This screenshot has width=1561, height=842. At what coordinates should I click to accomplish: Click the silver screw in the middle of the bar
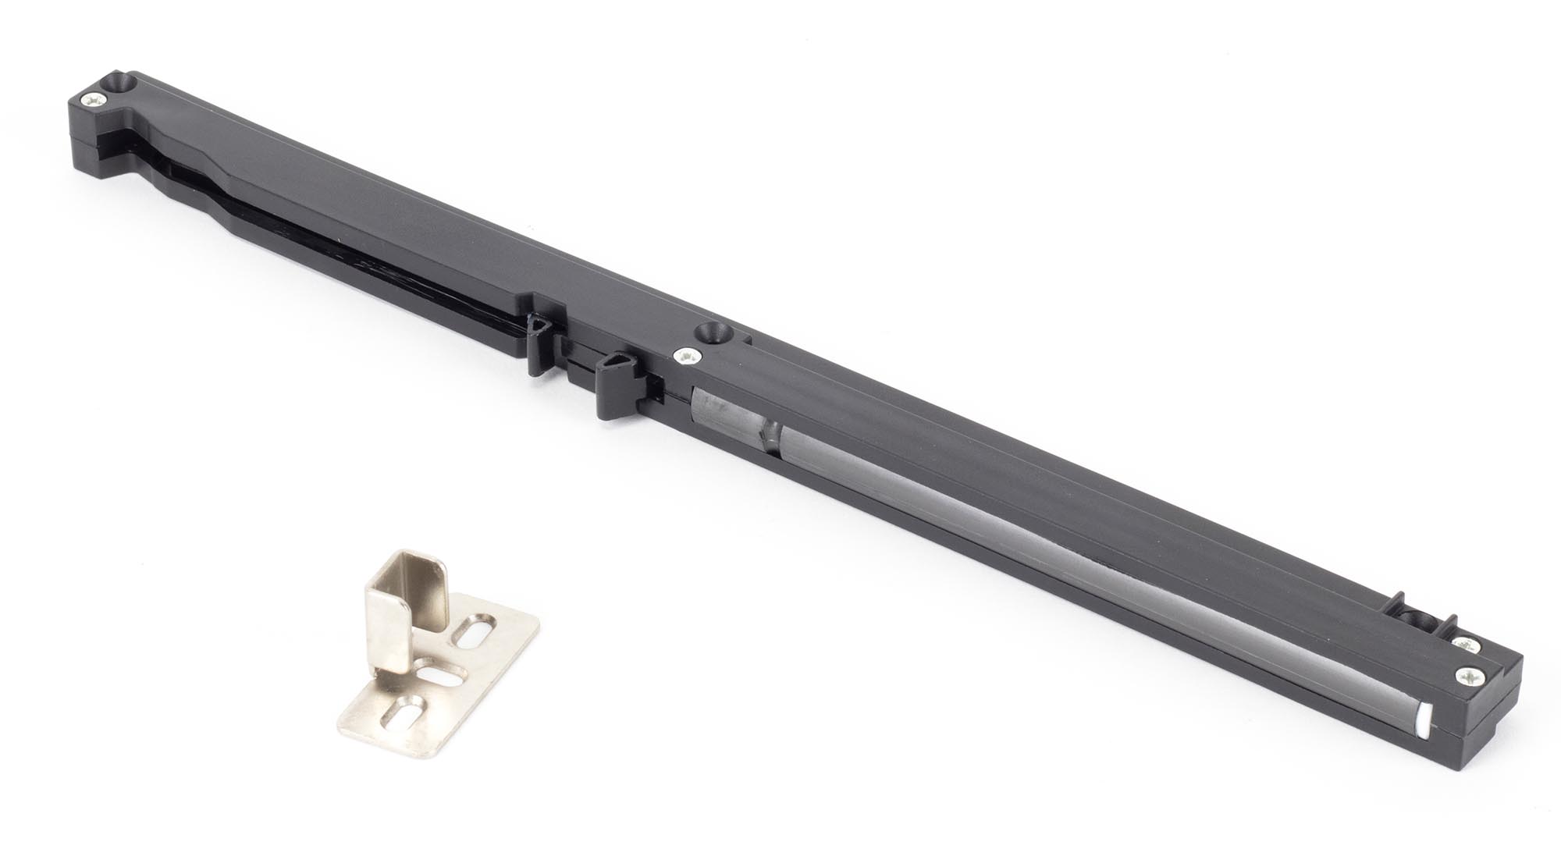point(686,357)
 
